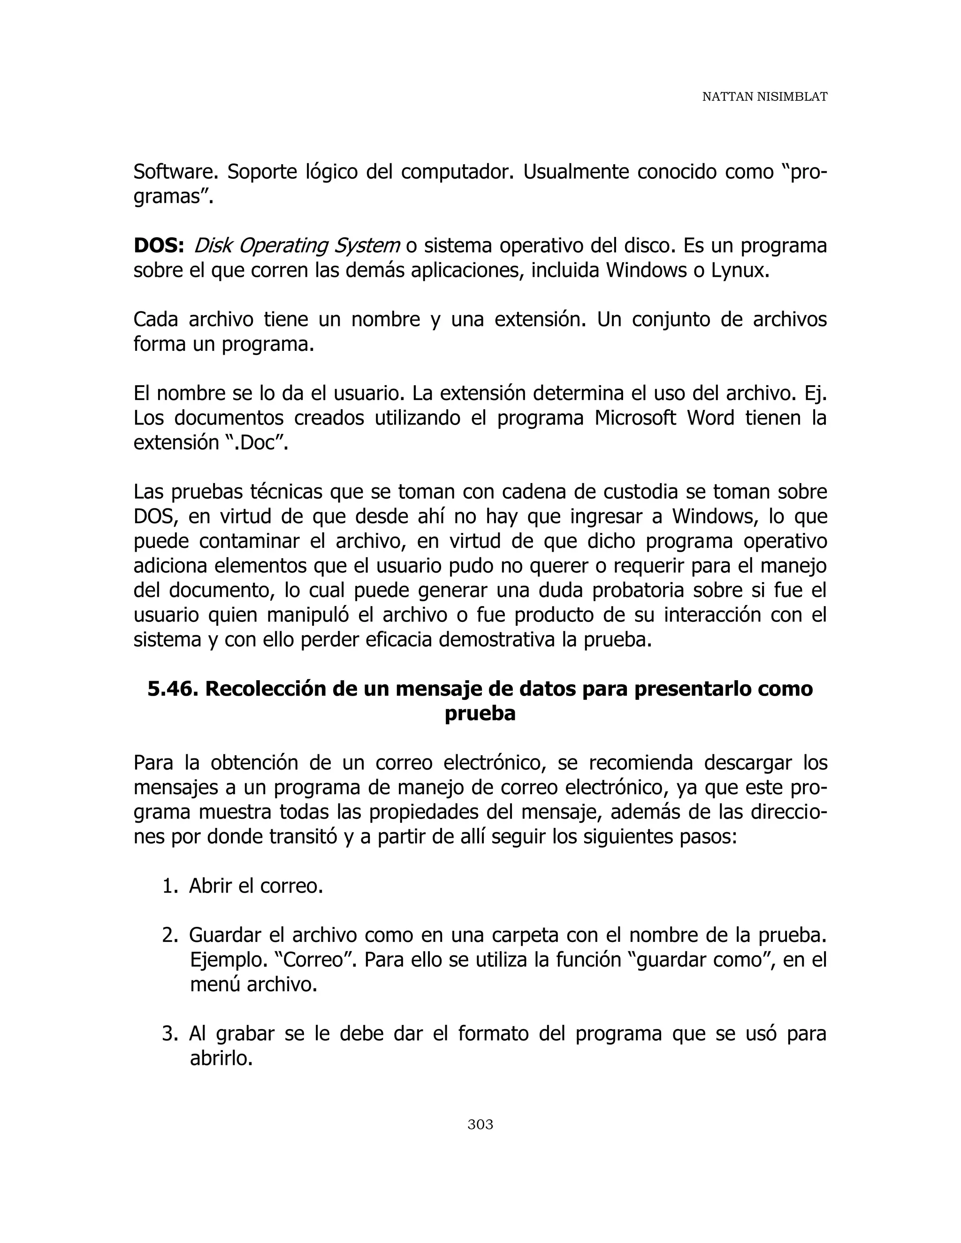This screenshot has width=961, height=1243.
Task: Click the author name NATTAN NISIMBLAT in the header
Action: [x=764, y=97]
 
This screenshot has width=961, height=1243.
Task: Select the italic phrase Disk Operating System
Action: [x=297, y=246]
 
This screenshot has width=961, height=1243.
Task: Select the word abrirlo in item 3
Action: [x=221, y=1059]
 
